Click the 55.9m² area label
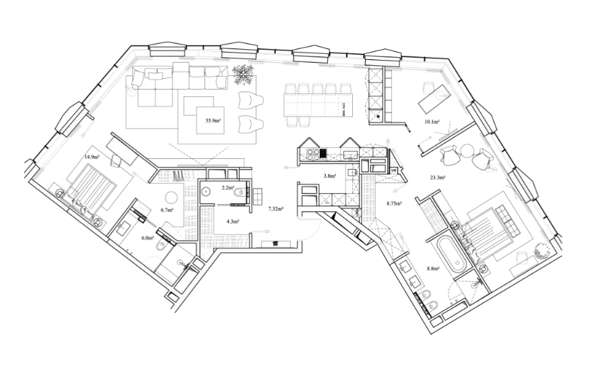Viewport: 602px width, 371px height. click(x=213, y=121)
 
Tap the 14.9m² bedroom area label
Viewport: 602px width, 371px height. click(x=92, y=157)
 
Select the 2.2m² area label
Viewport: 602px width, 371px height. click(x=228, y=188)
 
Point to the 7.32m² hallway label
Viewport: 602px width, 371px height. click(x=275, y=209)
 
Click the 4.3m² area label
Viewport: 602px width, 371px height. click(x=233, y=222)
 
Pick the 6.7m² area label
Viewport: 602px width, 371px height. click(x=167, y=210)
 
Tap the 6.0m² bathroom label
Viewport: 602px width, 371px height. click(x=148, y=238)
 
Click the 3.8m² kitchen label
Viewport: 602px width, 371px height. click(x=330, y=176)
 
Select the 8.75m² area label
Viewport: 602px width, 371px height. click(x=394, y=203)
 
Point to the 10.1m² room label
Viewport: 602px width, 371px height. click(x=432, y=122)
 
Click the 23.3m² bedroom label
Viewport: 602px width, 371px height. click(x=437, y=178)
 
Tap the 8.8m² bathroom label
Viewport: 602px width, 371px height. click(x=433, y=269)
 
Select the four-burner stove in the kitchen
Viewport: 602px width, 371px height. click(x=312, y=154)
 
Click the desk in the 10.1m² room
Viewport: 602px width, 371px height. click(x=434, y=99)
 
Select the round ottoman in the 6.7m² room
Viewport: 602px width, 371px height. click(x=171, y=197)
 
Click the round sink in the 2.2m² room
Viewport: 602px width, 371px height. click(x=206, y=191)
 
